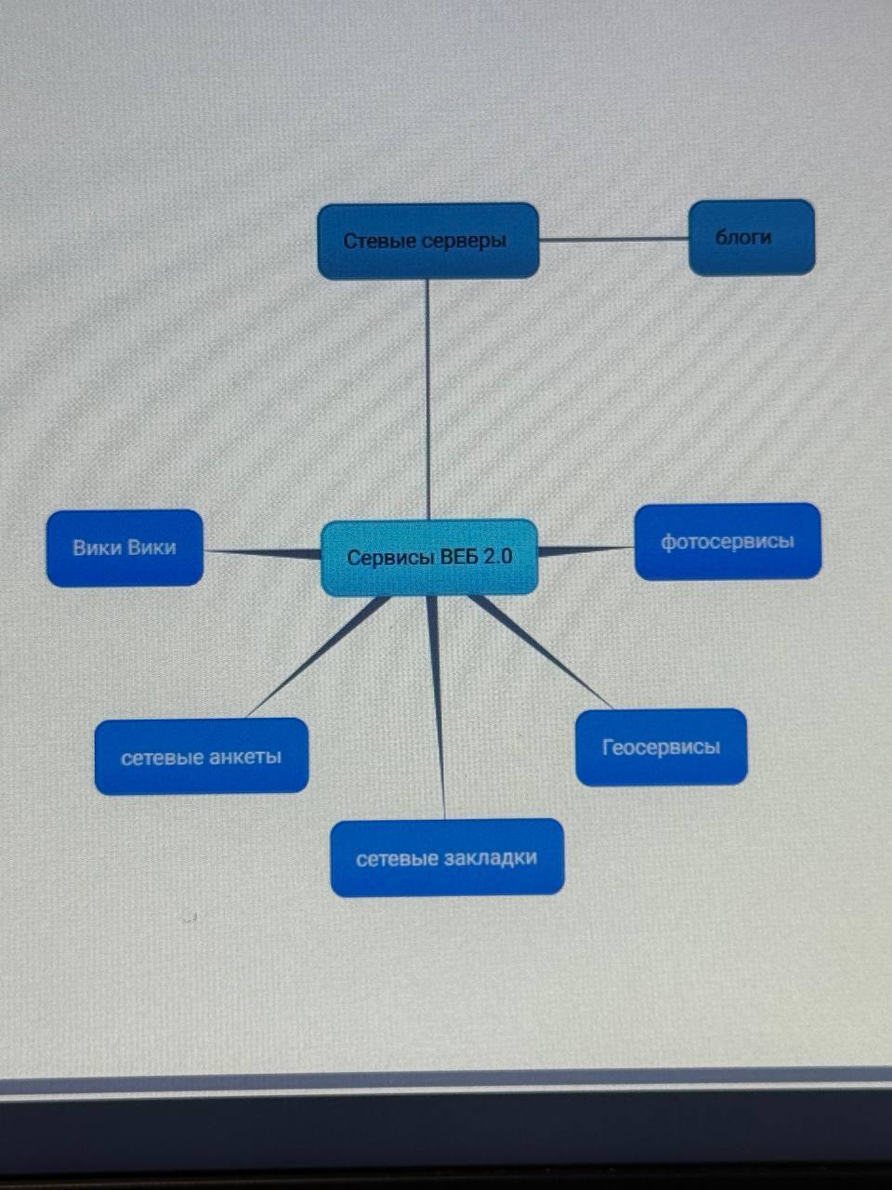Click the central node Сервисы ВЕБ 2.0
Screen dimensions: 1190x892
click(429, 557)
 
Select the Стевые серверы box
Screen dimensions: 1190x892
click(428, 241)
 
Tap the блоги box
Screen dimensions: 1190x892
click(751, 237)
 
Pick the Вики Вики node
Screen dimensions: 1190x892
click(125, 548)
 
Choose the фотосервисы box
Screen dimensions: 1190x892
click(728, 541)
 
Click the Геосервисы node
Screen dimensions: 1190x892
click(661, 747)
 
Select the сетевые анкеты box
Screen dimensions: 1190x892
click(201, 756)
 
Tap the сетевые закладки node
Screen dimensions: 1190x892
click(447, 857)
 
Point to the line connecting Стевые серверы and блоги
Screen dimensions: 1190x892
click(613, 239)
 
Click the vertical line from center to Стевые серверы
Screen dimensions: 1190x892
click(427, 400)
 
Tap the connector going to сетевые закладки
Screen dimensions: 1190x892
click(437, 707)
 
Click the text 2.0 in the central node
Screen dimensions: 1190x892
click(497, 557)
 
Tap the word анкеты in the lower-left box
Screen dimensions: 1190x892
click(244, 756)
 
